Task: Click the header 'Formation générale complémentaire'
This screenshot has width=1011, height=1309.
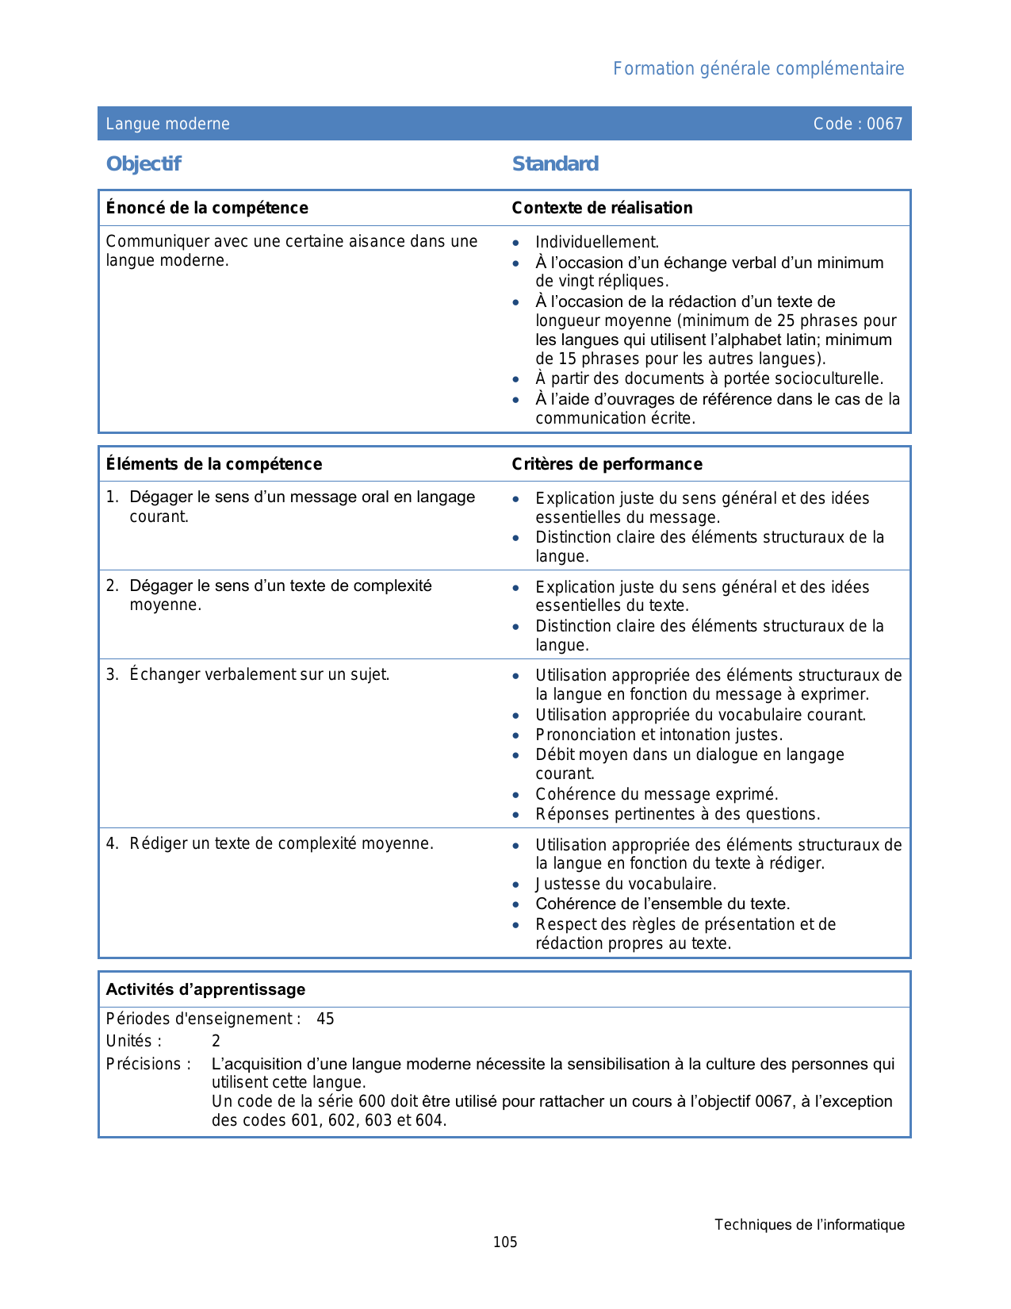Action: (x=758, y=69)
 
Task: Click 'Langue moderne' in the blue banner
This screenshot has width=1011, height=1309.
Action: (x=168, y=124)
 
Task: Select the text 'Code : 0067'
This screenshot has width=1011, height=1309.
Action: (x=858, y=124)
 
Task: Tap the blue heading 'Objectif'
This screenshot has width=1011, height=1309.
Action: (x=144, y=164)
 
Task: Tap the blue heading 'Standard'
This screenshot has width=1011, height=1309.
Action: (x=555, y=164)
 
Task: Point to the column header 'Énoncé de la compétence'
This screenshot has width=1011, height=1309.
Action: (x=207, y=208)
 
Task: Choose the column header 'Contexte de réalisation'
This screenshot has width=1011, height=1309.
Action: (x=602, y=208)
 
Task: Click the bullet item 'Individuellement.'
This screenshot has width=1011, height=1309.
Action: (x=597, y=242)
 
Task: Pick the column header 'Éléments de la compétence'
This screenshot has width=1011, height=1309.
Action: (x=214, y=464)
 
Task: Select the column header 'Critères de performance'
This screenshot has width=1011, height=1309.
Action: (x=607, y=464)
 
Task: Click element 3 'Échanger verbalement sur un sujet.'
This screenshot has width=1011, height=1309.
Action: (x=259, y=674)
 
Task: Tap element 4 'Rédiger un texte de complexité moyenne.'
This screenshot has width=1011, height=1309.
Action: (x=281, y=843)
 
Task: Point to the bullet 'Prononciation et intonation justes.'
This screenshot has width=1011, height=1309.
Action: (x=659, y=735)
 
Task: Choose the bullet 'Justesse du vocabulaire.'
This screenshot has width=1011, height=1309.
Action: (x=626, y=884)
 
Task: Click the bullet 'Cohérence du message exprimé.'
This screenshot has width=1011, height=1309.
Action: (x=657, y=794)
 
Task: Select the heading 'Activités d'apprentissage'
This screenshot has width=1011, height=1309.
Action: (x=205, y=989)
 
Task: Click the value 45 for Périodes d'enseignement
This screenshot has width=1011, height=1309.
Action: (x=325, y=1019)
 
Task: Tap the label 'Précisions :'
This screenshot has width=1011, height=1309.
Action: (x=148, y=1064)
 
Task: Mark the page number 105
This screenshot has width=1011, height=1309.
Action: (x=505, y=1242)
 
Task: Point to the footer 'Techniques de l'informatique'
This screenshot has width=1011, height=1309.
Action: (x=809, y=1225)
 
